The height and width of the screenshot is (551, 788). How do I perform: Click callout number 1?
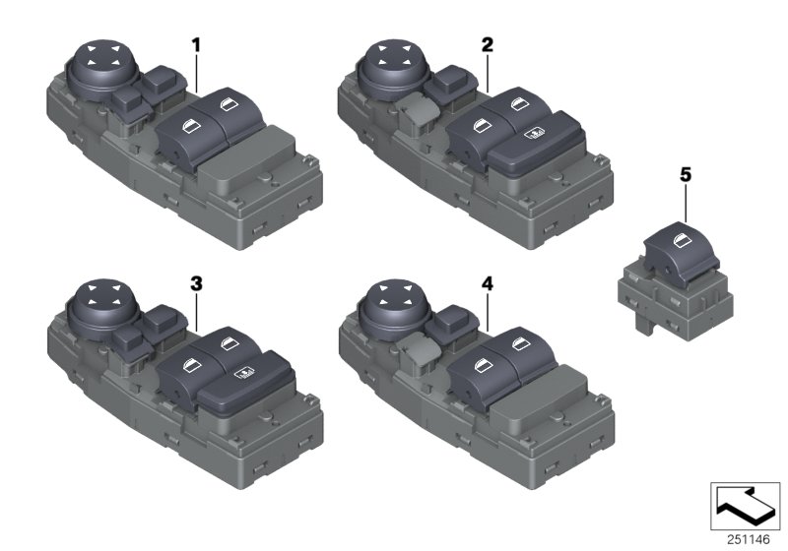[x=196, y=44]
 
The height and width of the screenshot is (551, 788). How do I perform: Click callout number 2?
[x=488, y=44]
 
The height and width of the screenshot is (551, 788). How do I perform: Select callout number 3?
[x=196, y=283]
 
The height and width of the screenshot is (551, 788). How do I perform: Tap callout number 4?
[x=488, y=283]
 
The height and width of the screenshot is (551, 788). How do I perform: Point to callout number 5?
[x=685, y=175]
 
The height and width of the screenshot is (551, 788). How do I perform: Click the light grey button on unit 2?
[x=419, y=113]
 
